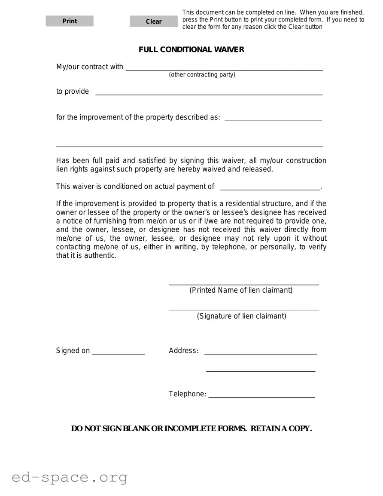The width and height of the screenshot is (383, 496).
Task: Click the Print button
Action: click(x=70, y=21)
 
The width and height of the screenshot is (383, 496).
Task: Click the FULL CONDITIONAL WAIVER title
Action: click(x=191, y=49)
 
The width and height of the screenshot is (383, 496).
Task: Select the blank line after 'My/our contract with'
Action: click(x=224, y=67)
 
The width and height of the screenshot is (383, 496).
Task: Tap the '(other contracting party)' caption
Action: click(x=202, y=75)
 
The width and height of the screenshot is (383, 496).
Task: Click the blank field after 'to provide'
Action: click(x=209, y=92)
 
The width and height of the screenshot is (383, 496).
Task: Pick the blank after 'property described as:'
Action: click(x=273, y=118)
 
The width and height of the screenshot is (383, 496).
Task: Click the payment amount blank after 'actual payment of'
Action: click(x=270, y=187)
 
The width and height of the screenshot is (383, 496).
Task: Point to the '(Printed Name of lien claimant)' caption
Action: click(x=241, y=290)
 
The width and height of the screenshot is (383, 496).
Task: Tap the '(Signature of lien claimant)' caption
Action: click(x=241, y=316)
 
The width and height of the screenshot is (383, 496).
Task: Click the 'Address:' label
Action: click(x=183, y=351)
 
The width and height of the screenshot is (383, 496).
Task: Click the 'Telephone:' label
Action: click(x=188, y=394)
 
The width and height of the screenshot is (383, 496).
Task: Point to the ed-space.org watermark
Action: click(x=70, y=477)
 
